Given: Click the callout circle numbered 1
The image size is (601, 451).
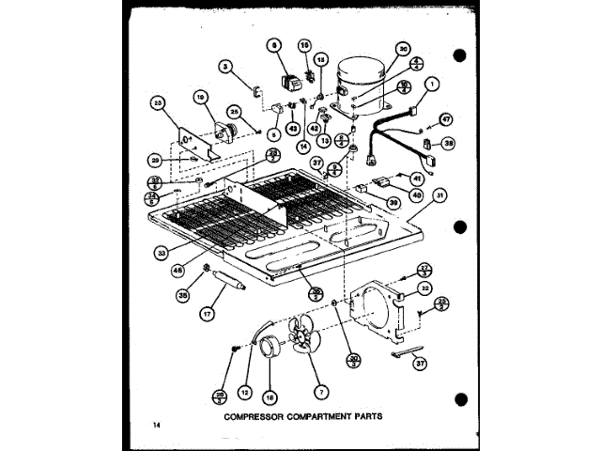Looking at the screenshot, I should point(433,83).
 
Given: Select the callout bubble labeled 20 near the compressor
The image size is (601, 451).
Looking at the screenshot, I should point(403,51).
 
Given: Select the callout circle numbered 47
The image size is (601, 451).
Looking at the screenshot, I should point(446,120).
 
